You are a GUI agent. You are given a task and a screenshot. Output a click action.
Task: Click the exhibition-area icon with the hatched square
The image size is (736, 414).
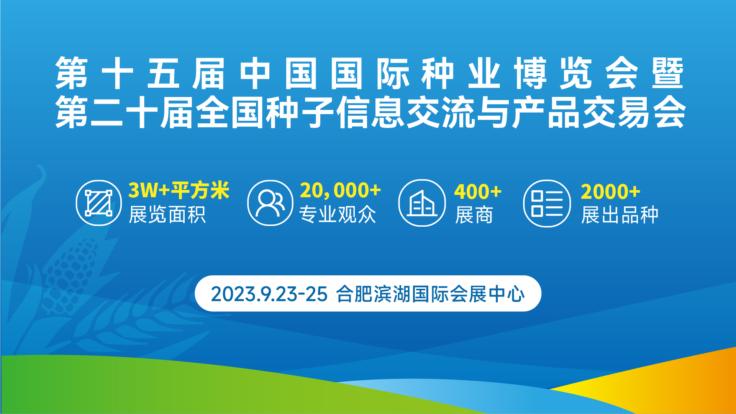point(98,203)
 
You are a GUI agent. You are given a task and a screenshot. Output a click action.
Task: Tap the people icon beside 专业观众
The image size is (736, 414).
point(270,203)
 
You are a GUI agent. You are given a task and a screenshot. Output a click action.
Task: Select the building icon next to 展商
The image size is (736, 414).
point(422,203)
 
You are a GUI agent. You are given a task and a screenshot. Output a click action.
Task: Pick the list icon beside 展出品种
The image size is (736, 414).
point(547,203)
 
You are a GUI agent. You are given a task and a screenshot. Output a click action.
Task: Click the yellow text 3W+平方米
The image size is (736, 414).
point(179,190)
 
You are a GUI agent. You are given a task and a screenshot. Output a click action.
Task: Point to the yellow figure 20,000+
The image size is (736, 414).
point(340,190)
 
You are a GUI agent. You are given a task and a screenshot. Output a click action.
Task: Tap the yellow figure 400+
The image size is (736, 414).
point(478,191)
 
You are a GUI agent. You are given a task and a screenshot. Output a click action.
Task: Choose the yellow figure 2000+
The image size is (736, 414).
point(610,191)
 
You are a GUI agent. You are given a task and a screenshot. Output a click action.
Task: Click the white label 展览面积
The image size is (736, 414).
point(167,214)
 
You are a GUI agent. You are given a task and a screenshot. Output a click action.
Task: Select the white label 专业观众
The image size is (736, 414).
point(338,214)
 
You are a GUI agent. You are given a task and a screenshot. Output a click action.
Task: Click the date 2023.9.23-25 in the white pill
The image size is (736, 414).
point(269,294)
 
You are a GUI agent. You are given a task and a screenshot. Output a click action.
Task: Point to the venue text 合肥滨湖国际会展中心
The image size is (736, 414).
point(430,294)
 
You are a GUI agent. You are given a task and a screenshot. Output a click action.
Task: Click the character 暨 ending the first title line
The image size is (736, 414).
point(668,73)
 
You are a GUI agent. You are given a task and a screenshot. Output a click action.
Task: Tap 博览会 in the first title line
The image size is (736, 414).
point(576,73)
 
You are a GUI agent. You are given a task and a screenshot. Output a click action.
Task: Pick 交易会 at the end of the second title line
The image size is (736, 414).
point(634,112)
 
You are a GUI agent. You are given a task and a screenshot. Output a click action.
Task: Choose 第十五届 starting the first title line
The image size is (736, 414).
point(140,73)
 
